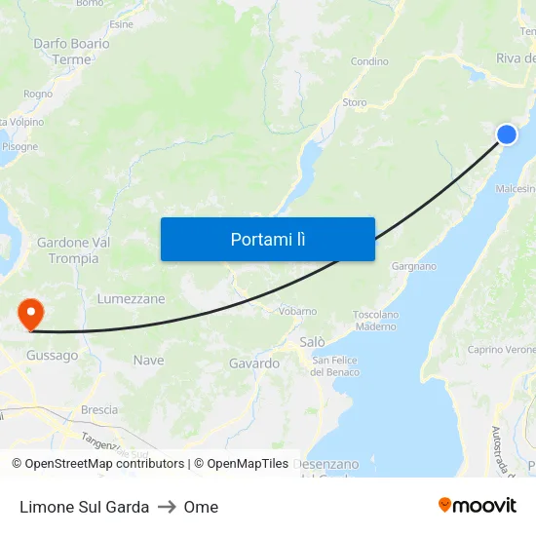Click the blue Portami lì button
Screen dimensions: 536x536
click(267, 239)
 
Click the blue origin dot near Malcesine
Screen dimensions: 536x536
click(507, 134)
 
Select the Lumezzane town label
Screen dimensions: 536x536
click(132, 299)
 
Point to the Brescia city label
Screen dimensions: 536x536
click(99, 410)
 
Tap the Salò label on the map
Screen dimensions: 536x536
click(312, 342)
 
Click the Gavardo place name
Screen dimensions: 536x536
click(253, 364)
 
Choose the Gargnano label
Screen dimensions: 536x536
click(413, 266)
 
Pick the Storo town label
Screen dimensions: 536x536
click(355, 102)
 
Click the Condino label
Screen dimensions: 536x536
click(369, 61)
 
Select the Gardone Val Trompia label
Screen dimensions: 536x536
click(73, 250)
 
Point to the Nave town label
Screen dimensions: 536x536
click(149, 361)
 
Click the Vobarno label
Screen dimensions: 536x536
click(297, 311)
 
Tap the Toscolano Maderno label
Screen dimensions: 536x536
click(375, 321)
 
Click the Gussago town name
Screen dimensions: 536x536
click(53, 356)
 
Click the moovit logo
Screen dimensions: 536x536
click(478, 505)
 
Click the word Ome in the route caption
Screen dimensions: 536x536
click(201, 507)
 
